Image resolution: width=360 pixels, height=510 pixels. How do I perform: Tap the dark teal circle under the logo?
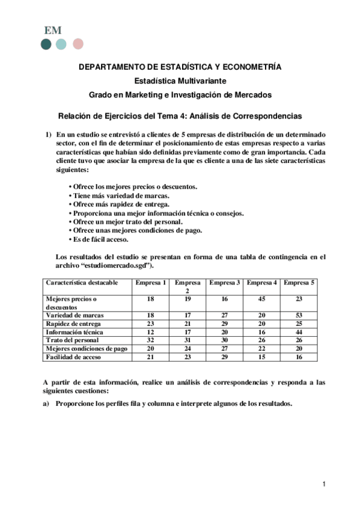[46, 44]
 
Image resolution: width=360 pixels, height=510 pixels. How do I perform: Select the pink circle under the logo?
[78, 44]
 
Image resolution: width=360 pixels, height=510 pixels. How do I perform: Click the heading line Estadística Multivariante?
[180, 81]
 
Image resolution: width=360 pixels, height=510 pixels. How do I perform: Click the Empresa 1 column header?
[150, 282]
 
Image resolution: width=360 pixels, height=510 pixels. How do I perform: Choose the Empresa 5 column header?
[299, 282]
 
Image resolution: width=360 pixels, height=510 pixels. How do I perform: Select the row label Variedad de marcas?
[75, 315]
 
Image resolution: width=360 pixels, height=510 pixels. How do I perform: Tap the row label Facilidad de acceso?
[76, 357]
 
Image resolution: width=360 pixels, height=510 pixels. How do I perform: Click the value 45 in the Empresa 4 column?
[261, 298]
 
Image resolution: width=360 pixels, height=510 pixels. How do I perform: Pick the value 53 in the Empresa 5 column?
[299, 315]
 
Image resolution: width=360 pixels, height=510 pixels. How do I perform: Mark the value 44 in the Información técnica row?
[299, 331]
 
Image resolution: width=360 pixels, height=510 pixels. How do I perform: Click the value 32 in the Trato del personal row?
[150, 340]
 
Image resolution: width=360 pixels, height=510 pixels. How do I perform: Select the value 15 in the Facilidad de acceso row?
[261, 357]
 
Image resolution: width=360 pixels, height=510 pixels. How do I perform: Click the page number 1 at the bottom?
[323, 484]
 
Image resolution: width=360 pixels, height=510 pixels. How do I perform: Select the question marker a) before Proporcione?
[46, 404]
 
